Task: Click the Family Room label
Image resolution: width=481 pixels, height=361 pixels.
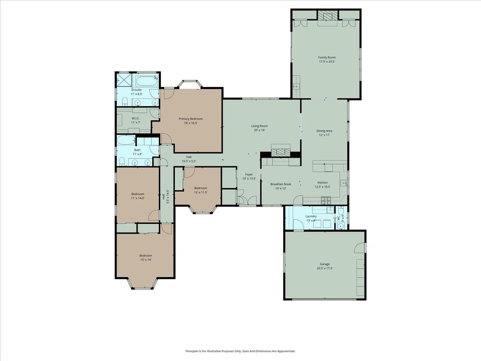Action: (327, 57)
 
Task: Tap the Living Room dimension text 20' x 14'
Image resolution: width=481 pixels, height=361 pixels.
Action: (259, 130)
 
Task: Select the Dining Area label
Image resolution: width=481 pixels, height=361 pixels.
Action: (324, 131)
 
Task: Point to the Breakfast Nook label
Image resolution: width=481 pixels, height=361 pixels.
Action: (281, 184)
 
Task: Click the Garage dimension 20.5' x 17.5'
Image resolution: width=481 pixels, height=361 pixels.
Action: (325, 268)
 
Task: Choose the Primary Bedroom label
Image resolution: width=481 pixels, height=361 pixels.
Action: (190, 119)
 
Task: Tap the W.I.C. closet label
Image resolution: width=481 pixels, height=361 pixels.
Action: (135, 118)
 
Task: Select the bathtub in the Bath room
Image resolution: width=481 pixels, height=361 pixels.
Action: (125, 141)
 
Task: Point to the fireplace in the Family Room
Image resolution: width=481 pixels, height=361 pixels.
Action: (327, 16)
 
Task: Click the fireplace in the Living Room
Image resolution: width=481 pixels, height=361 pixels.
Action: (280, 152)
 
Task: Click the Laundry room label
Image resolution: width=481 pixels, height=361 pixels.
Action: (311, 216)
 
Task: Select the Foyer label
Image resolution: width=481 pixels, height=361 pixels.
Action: (249, 174)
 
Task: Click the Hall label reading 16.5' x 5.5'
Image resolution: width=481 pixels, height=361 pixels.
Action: (189, 161)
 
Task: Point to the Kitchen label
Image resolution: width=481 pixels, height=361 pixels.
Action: (323, 183)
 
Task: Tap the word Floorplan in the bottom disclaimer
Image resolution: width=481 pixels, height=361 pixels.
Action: (193, 351)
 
